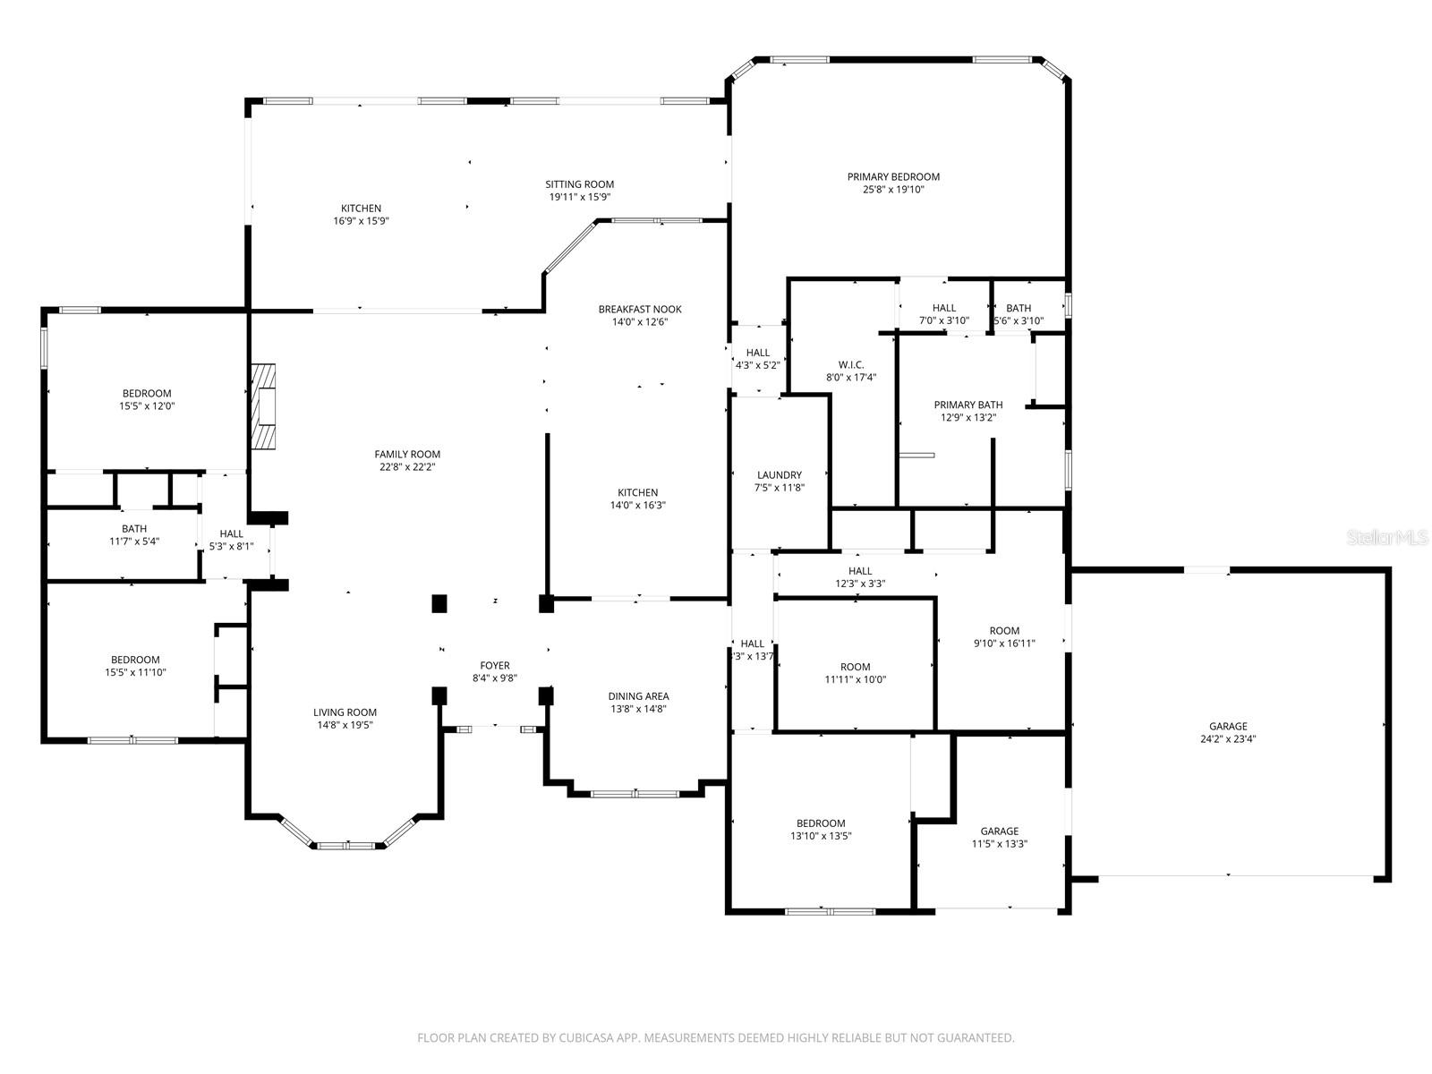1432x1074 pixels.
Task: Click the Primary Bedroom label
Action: [x=893, y=177]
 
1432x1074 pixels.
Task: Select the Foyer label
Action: [x=495, y=666]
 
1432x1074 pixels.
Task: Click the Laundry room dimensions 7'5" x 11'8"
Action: [x=779, y=488]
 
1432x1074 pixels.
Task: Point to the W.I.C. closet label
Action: [x=850, y=365]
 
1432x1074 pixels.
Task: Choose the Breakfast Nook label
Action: [x=640, y=310]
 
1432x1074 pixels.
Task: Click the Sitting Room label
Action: [x=580, y=184]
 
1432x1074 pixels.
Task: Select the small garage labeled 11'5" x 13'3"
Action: [x=999, y=837]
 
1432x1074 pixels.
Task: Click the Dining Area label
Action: [x=638, y=696]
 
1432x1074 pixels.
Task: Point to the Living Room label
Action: [x=345, y=713]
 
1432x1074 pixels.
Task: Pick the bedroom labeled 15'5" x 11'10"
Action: [x=135, y=666]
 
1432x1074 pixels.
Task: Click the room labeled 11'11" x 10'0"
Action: [x=855, y=673]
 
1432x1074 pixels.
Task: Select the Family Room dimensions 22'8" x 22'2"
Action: [x=407, y=466]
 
